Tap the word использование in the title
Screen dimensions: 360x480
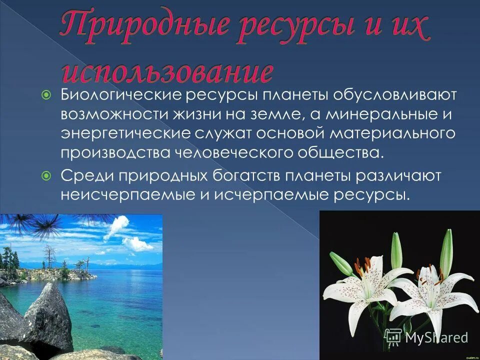click(167, 71)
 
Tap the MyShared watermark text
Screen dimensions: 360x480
click(436, 337)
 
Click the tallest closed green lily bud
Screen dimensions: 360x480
click(446, 252)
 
